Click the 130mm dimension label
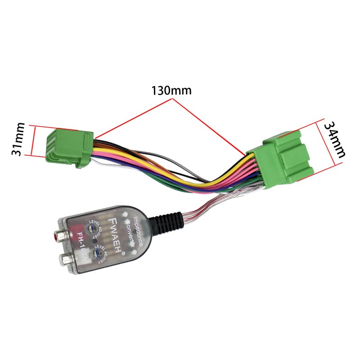[171, 90]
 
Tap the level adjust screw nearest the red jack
[94, 229]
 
